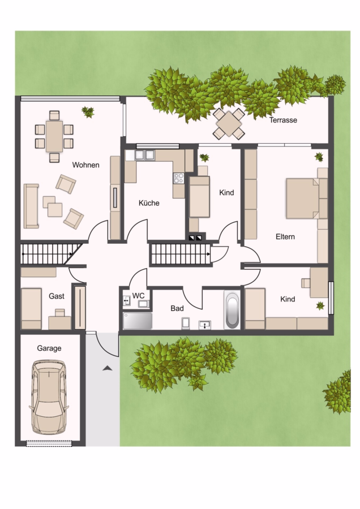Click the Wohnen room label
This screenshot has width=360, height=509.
click(86, 165)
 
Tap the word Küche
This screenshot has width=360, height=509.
click(149, 203)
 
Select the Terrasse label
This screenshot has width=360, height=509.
click(283, 120)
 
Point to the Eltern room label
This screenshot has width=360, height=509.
click(285, 236)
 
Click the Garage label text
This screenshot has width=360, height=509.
click(49, 348)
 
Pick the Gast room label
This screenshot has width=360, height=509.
click(57, 296)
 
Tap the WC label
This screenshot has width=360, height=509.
click(138, 296)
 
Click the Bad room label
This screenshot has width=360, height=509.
click(177, 308)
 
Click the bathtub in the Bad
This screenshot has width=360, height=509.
click(232, 310)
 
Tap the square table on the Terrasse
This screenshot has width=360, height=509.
click(229, 124)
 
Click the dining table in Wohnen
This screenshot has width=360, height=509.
click(54, 136)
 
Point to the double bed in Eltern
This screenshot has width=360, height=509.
click(303, 198)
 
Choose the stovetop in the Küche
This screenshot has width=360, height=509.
click(179, 178)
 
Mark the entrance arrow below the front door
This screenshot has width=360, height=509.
click(107, 368)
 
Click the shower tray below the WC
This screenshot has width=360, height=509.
click(138, 321)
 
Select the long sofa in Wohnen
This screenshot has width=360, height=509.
click(31, 206)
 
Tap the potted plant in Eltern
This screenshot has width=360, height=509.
click(319, 157)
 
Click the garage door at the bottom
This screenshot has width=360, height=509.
click(49, 443)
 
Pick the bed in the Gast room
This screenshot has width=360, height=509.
click(31, 308)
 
